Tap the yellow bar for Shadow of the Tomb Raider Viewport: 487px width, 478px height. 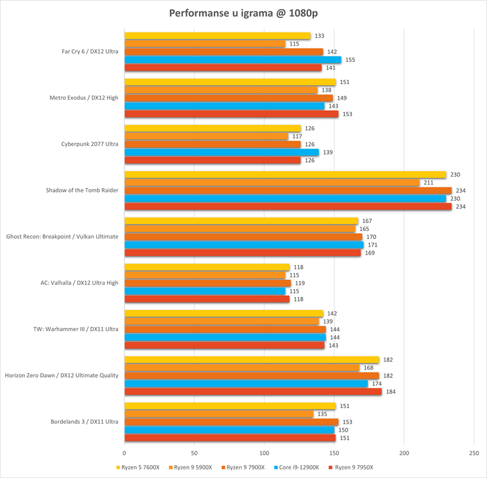tap(285, 175)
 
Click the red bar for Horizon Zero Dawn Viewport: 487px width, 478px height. tap(253, 392)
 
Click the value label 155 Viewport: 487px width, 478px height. tap(351, 60)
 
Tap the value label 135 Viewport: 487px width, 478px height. tap(323, 414)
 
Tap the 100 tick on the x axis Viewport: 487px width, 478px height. tap(264, 454)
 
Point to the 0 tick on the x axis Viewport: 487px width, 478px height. tap(125, 454)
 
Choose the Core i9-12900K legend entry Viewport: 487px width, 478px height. tap(295, 468)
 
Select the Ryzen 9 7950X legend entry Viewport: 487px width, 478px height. tap(352, 468)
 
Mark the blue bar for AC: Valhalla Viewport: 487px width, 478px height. tap(205, 291)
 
